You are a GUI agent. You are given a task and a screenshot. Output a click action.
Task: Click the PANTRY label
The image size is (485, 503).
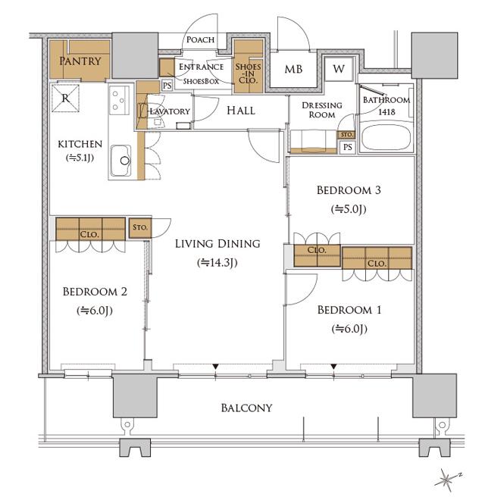pos(80,61)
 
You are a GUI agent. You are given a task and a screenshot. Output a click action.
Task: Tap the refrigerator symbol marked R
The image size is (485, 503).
pos(65,98)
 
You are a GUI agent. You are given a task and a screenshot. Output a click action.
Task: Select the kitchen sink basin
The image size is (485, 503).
pos(120,161)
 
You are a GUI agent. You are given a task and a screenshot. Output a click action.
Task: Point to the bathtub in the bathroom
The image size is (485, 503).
pos(386,137)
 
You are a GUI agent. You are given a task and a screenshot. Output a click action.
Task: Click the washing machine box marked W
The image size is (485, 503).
pos(339,69)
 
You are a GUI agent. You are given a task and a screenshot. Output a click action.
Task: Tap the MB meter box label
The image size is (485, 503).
pos(293,69)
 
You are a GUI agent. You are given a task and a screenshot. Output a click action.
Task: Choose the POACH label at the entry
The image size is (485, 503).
pos(200,40)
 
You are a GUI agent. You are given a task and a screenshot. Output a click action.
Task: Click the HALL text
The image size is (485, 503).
pos(241,111)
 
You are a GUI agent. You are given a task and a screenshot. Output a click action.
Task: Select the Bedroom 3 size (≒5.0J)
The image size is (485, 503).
pos(349,209)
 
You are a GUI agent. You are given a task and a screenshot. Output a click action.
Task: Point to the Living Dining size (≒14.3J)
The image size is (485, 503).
pos(217,263)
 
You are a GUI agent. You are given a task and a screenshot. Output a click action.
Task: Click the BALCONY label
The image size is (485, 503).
pos(246,408)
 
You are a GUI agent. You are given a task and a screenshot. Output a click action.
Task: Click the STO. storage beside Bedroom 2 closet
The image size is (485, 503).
pos(140,228)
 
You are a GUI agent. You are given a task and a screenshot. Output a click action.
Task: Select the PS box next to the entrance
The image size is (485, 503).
pos(167,86)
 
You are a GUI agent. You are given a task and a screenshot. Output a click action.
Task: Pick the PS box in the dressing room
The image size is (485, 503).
pos(348,147)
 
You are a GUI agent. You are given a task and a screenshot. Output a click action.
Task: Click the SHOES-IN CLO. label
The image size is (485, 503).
pos(248,73)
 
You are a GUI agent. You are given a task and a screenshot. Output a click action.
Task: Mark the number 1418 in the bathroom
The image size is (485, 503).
pos(386,112)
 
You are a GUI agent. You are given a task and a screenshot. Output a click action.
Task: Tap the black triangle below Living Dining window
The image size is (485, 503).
pos(216,367)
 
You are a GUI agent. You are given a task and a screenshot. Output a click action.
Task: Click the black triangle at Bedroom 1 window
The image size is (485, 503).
pos(334,367)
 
